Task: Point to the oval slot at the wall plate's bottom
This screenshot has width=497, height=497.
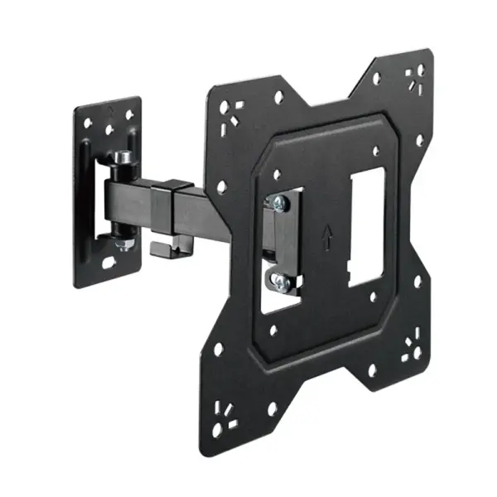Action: point(109,264)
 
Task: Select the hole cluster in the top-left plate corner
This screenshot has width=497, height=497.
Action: point(227,111)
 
